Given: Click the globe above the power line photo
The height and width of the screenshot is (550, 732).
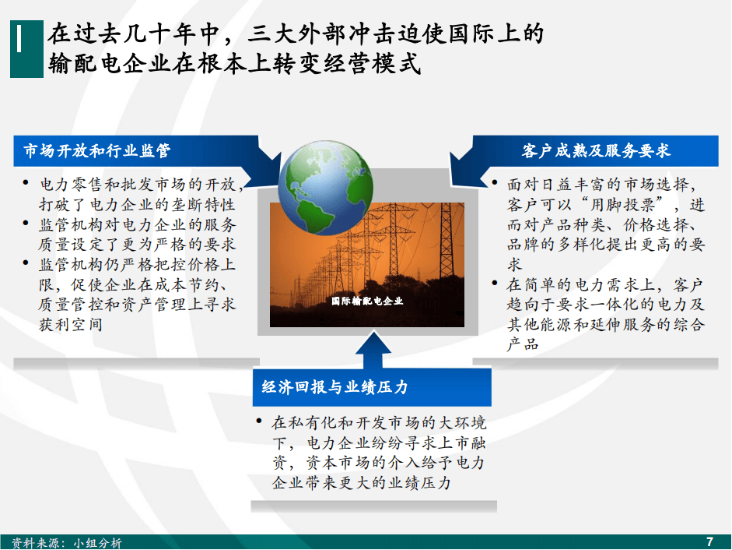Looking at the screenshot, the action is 326,188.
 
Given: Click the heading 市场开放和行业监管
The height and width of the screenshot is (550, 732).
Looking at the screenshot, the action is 97,150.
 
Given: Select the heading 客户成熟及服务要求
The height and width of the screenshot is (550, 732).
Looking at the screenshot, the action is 596,150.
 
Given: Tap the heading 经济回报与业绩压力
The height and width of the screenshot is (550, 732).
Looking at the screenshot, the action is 334,387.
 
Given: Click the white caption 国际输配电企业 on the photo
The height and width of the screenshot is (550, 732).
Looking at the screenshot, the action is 367,301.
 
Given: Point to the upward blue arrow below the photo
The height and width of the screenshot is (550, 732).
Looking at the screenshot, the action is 373,349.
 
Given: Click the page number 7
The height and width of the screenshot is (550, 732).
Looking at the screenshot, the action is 710,541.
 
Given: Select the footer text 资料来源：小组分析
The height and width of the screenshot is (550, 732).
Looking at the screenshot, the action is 66,542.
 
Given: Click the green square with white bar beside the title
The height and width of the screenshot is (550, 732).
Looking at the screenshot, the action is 26,48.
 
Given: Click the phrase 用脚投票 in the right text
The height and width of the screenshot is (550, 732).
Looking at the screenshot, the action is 623,204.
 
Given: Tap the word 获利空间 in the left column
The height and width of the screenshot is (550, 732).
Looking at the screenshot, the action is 71,324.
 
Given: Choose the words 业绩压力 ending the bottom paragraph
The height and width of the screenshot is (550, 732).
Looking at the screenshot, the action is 419,482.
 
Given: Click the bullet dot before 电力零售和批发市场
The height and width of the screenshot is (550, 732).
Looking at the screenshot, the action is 26,183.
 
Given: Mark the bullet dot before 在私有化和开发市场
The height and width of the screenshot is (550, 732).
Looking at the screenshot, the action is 258,421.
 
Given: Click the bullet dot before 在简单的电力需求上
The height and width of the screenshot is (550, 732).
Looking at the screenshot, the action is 495,283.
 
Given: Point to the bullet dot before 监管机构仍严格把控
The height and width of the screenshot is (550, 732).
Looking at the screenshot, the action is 26,263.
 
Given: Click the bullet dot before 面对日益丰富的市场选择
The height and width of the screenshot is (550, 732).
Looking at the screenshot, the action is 495,182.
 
